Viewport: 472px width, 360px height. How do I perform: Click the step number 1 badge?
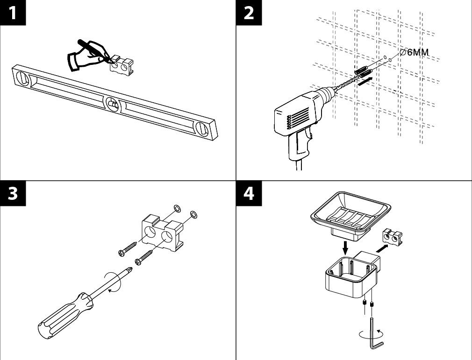pyautogui.click(x=13, y=12)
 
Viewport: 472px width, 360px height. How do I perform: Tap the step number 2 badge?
pyautogui.click(x=249, y=12)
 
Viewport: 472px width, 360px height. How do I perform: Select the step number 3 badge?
pyautogui.click(x=13, y=193)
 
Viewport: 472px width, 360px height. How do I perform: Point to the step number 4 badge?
pyautogui.click(x=249, y=193)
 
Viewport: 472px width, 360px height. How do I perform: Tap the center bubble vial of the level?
pyautogui.click(x=112, y=105)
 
